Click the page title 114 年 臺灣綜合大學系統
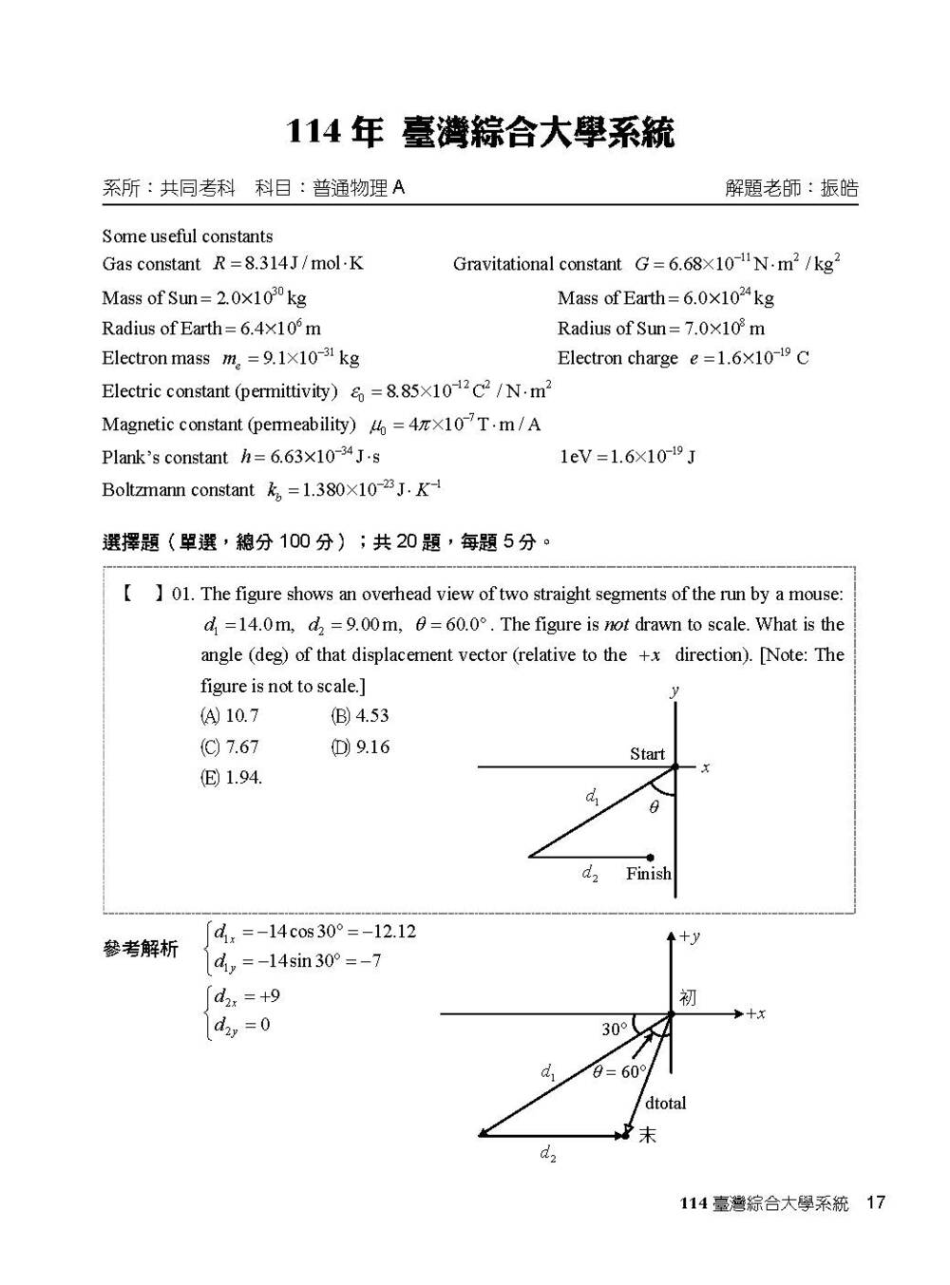pyautogui.click(x=480, y=133)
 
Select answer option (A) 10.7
pyautogui.click(x=229, y=716)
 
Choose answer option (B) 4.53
pyautogui.click(x=360, y=716)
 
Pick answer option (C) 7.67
pyautogui.click(x=229, y=747)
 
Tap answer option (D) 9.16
pyautogui.click(x=360, y=747)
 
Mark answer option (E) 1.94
pyautogui.click(x=231, y=778)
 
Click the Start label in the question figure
pyautogui.click(x=647, y=754)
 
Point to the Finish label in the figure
pyautogui.click(x=648, y=874)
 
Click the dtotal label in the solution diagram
pyautogui.click(x=665, y=1104)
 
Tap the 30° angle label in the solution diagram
pyautogui.click(x=615, y=1030)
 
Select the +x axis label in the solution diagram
pyautogui.click(x=755, y=1014)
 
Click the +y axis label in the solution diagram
pyautogui.click(x=690, y=937)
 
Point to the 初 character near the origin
pyautogui.click(x=688, y=997)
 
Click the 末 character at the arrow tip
pyautogui.click(x=647, y=1135)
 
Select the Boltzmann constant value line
pyautogui.click(x=272, y=490)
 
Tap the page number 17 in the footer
pyautogui.click(x=875, y=1203)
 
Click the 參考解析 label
pyautogui.click(x=140, y=949)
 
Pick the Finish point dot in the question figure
pyautogui.click(x=650, y=857)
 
